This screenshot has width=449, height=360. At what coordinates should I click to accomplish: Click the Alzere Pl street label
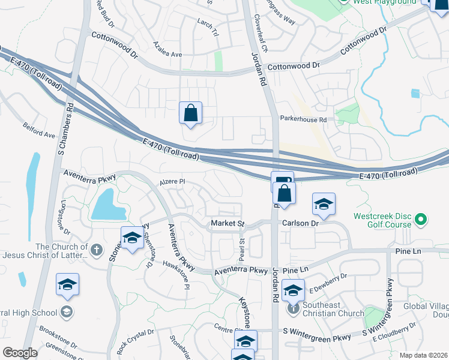(x=173, y=181)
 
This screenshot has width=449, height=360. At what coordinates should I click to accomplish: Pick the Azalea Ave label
(x=167, y=54)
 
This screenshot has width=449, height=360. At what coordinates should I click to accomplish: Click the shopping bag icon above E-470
(x=190, y=113)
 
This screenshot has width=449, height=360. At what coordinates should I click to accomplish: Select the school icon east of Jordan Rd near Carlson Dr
(x=324, y=205)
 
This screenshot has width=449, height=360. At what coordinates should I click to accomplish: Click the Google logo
(x=20, y=353)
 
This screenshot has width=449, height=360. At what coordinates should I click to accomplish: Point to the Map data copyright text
(x=424, y=355)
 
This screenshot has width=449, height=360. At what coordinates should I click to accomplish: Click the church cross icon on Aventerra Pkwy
(x=96, y=247)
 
